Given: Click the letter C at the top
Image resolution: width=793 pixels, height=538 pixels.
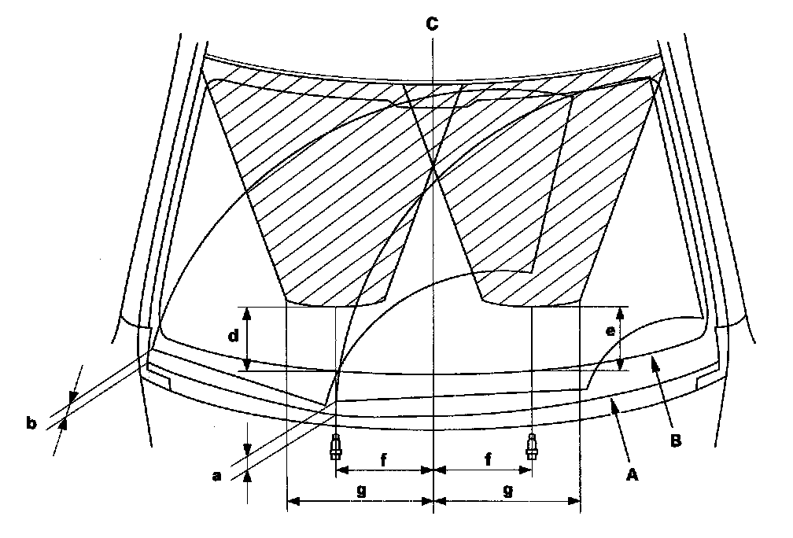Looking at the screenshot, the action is point(433,24).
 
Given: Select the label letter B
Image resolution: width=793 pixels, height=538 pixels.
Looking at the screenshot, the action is point(676,440).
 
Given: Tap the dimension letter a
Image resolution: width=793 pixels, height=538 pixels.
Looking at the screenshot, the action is point(218,476).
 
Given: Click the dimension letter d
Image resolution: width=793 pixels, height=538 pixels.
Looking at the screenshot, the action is point(233,337).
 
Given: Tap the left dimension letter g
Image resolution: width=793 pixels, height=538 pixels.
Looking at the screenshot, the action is point(360,489).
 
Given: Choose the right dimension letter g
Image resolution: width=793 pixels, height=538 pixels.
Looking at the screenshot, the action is point(507,489).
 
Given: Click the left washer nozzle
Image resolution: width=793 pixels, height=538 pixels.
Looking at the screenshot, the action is point(336,446).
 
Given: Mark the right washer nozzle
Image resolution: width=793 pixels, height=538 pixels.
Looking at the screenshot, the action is point(532,446).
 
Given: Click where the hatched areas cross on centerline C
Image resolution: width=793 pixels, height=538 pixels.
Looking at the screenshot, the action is point(433,163).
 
